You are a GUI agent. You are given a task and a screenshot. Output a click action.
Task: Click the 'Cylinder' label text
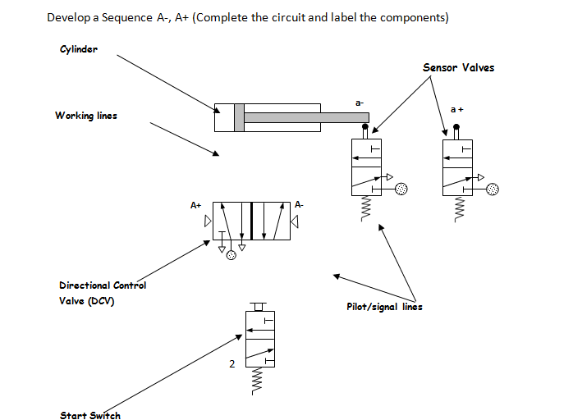79,49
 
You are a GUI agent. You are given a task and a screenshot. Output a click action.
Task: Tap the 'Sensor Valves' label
459,67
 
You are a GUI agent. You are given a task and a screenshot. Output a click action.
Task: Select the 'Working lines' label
86,116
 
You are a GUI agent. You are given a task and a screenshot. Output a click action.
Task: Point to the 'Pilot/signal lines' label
385,308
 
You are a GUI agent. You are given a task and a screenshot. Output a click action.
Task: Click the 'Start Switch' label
90,415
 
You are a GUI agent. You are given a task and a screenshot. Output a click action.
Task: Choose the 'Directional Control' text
103,285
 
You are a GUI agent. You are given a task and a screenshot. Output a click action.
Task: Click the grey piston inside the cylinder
239,117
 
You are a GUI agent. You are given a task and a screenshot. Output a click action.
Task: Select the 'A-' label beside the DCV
300,205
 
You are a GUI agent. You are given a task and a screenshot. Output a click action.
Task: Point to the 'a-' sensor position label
359,103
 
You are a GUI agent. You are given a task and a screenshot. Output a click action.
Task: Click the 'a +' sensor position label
458,109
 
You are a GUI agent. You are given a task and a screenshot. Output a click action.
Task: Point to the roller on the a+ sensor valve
456,129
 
